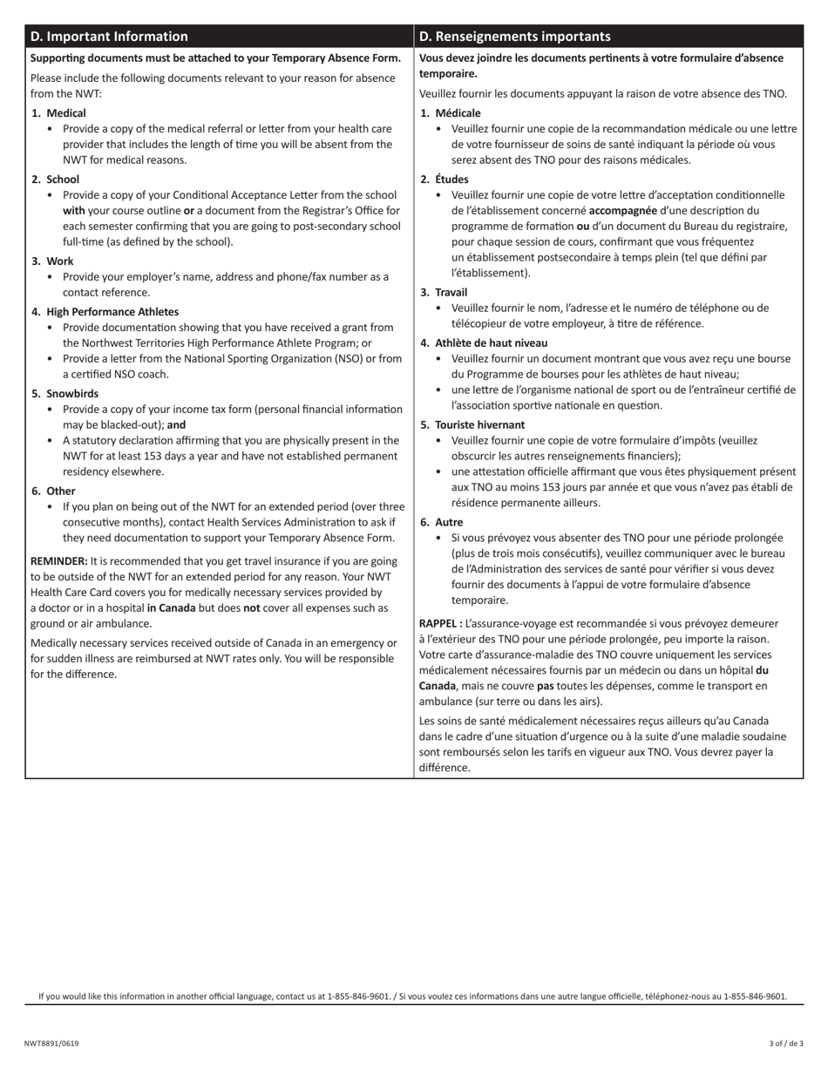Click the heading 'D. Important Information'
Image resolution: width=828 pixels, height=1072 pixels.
[x=109, y=37]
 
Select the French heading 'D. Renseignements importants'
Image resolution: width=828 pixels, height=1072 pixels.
[x=514, y=37]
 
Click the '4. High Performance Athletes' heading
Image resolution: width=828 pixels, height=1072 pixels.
[x=105, y=312]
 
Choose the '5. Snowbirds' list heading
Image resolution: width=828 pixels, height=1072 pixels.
[x=65, y=394]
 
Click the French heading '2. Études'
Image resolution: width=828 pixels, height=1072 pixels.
[x=445, y=180]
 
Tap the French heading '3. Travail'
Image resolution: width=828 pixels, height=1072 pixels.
[x=445, y=293]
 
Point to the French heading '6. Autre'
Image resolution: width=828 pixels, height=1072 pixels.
[x=442, y=523]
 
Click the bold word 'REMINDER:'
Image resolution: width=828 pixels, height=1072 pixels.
[x=58, y=561]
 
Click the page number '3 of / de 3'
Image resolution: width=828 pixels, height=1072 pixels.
[x=786, y=1043]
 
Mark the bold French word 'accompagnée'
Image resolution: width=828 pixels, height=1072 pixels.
[x=623, y=211]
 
